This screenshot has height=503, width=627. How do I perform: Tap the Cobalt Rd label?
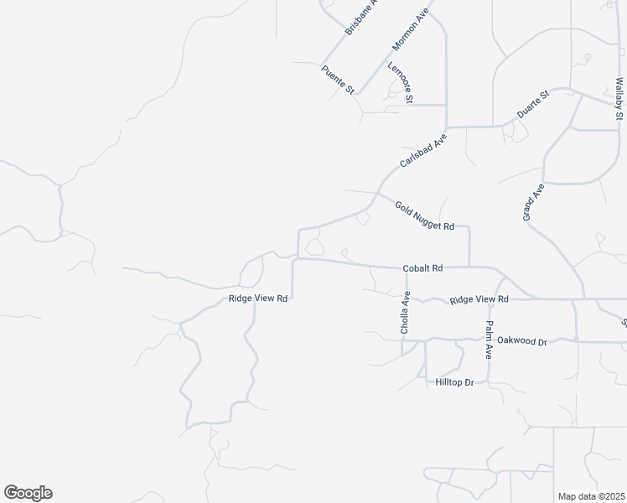(422, 268)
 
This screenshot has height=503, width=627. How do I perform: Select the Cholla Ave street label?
(406, 313)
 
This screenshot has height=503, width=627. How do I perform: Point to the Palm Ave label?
(488, 340)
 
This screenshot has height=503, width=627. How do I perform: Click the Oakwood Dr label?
(521, 341)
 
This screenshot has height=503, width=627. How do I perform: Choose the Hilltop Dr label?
(455, 382)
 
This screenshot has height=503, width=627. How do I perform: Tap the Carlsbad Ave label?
(423, 148)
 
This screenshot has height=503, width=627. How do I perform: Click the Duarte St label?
(532, 108)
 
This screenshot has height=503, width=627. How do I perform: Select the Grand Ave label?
(528, 201)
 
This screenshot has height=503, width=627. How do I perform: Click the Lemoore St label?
(400, 83)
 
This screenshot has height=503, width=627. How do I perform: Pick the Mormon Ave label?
(410, 32)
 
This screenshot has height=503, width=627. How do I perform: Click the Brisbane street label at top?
(362, 17)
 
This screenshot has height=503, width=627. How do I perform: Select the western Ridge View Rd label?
(258, 298)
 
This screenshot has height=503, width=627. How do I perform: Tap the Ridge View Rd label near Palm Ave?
(479, 299)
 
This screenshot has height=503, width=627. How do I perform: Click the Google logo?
(28, 493)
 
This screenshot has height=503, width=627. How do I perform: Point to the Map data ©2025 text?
(591, 496)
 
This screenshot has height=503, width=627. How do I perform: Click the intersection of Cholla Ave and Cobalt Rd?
(407, 268)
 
